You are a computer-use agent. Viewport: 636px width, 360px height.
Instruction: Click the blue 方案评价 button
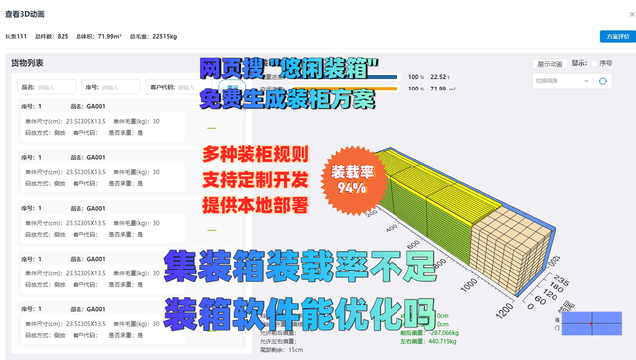click(x=616, y=36)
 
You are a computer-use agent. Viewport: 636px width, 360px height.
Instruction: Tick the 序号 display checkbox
click(x=595, y=64)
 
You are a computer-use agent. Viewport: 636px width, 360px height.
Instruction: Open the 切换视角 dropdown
click(x=562, y=81)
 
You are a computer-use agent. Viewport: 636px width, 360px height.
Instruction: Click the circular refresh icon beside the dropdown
click(x=603, y=81)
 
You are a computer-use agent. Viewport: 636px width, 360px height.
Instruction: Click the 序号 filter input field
click(x=119, y=87)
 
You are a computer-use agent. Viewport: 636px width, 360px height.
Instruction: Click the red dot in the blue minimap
click(x=593, y=324)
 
